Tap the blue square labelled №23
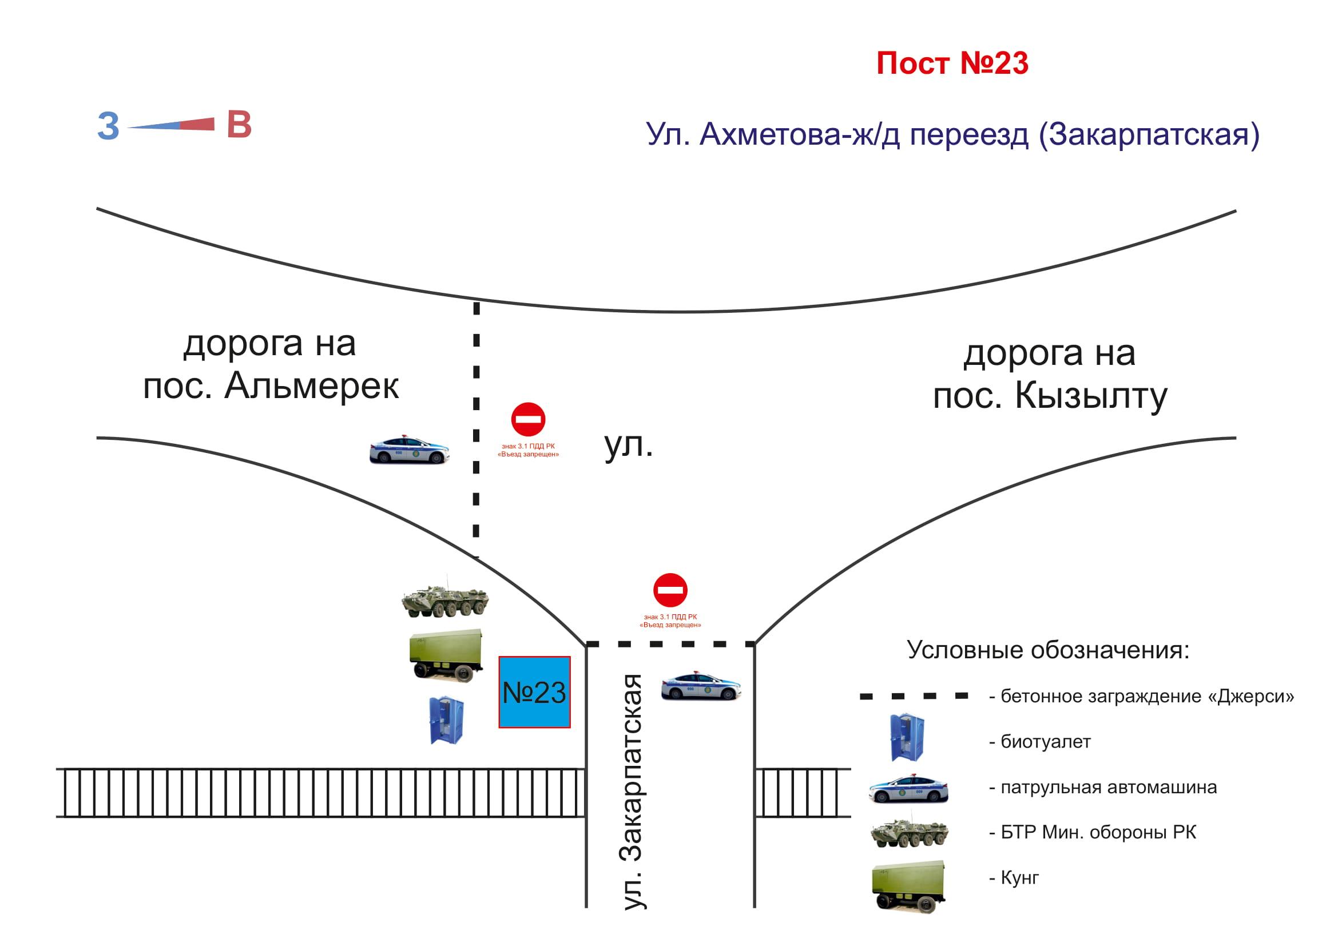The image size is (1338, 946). pyautogui.click(x=534, y=692)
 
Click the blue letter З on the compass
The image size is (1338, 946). pyautogui.click(x=108, y=126)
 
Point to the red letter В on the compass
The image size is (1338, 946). pyautogui.click(x=239, y=125)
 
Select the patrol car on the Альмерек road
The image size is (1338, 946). pyautogui.click(x=409, y=450)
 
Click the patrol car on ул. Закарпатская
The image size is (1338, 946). pyautogui.click(x=701, y=686)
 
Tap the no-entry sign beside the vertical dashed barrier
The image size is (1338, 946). pyautogui.click(x=528, y=419)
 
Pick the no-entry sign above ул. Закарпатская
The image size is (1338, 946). pyautogui.click(x=670, y=590)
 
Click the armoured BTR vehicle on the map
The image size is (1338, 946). pyautogui.click(x=444, y=601)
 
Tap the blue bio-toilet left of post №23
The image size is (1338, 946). pyautogui.click(x=446, y=720)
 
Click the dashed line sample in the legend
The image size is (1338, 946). pyautogui.click(x=914, y=696)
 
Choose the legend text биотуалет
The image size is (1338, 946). pyautogui.click(x=1046, y=742)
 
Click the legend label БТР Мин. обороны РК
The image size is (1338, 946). pyautogui.click(x=1098, y=832)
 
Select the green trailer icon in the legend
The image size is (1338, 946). pyautogui.click(x=908, y=885)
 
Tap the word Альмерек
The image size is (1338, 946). pyautogui.click(x=312, y=385)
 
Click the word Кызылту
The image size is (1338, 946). pyautogui.click(x=1091, y=397)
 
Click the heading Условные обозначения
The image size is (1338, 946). pyautogui.click(x=1048, y=650)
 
